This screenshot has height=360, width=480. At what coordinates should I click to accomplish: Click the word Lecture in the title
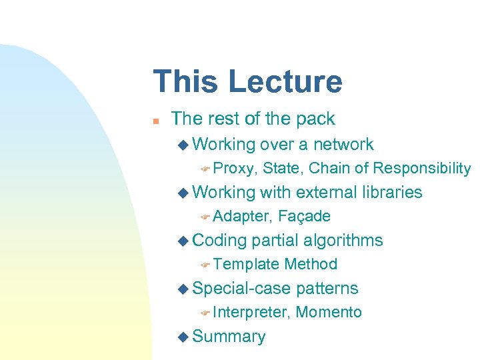pyautogui.click(x=285, y=81)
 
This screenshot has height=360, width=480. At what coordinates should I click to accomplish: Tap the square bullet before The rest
pyautogui.click(x=155, y=121)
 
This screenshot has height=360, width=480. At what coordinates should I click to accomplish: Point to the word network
pyautogui.click(x=343, y=144)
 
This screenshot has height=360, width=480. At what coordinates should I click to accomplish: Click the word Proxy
pyautogui.click(x=235, y=168)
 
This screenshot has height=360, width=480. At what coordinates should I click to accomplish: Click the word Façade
pyautogui.click(x=304, y=216)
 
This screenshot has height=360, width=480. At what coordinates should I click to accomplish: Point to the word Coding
pyautogui.click(x=219, y=240)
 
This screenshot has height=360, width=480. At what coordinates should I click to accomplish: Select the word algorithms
pyautogui.click(x=344, y=240)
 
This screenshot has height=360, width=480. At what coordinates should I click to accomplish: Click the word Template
pyautogui.click(x=246, y=264)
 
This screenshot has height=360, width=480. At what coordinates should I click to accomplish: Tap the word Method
pyautogui.click(x=311, y=264)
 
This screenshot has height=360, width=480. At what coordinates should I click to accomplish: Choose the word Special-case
pyautogui.click(x=241, y=288)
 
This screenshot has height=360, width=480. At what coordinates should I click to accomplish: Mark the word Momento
pyautogui.click(x=329, y=312)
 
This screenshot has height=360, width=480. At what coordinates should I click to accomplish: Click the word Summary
pyautogui.click(x=229, y=337)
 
